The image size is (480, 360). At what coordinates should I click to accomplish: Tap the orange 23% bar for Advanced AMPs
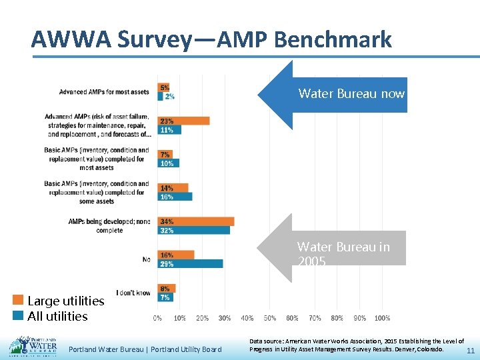(183, 121)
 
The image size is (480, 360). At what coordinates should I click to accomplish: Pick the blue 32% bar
(193, 230)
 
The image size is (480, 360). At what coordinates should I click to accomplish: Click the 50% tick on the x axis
(270, 318)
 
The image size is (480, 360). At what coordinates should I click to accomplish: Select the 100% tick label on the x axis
(382, 318)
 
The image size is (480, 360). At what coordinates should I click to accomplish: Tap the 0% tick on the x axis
(157, 318)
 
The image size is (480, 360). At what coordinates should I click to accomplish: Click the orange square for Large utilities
(18, 301)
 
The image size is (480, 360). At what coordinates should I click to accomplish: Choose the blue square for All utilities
(18, 316)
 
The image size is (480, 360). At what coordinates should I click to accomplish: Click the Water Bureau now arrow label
(351, 94)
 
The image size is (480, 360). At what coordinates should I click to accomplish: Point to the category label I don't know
(133, 293)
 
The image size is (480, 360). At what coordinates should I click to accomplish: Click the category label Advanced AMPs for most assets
(103, 92)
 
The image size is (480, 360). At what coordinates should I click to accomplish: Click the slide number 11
(470, 351)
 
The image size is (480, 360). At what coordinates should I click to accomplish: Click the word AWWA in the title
(71, 40)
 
